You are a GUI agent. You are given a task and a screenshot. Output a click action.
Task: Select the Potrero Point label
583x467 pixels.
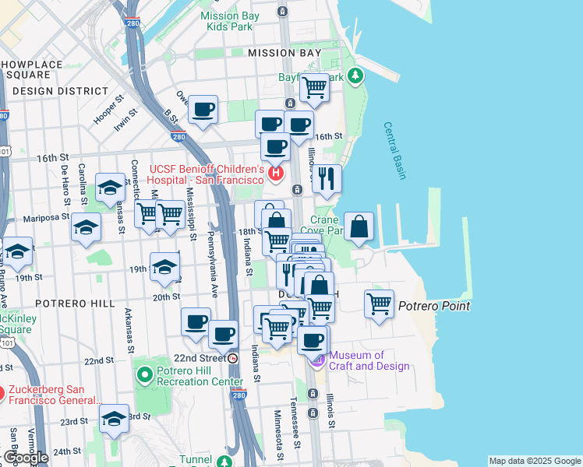[434, 306]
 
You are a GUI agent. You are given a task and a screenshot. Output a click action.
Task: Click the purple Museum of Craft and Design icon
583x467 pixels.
[317, 360]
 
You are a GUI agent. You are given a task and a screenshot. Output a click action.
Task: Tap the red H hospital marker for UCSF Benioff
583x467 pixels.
[274, 173]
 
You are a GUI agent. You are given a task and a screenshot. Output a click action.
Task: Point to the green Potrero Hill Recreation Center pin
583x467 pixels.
[143, 376]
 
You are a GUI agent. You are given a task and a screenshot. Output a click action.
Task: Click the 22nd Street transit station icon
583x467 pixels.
[233, 358]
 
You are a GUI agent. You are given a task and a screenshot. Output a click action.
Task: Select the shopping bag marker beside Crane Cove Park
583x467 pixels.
[359, 227]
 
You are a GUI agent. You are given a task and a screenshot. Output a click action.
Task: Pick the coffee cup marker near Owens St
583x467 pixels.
[203, 110]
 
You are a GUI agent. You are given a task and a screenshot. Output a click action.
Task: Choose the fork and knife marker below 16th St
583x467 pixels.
[327, 178]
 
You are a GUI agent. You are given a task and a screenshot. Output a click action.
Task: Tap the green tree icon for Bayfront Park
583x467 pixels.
[356, 75]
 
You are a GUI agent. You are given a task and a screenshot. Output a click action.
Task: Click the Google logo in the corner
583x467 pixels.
[26, 458]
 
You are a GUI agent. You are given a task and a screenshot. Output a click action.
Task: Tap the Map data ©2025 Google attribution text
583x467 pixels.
[534, 461]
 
